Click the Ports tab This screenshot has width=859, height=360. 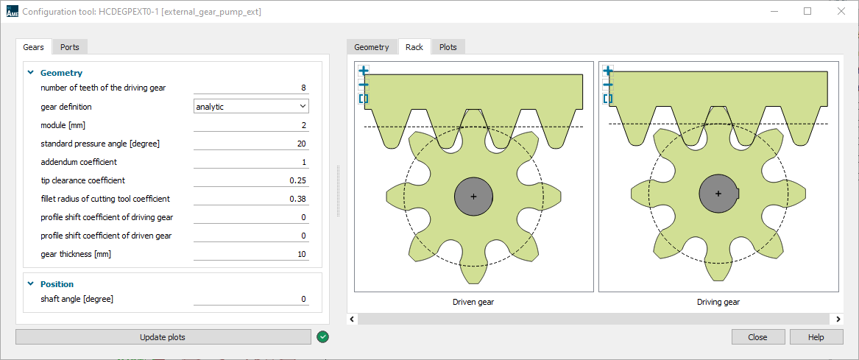click(x=70, y=47)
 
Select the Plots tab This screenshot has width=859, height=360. click(x=448, y=47)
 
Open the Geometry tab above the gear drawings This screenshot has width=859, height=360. click(x=371, y=47)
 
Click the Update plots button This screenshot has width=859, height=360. click(x=163, y=337)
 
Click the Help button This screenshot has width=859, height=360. click(x=816, y=337)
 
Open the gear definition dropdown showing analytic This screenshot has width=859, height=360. click(x=251, y=107)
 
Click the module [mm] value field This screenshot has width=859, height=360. click(x=251, y=125)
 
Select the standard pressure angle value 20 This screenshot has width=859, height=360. click(x=251, y=144)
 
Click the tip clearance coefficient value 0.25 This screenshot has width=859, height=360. click(x=251, y=180)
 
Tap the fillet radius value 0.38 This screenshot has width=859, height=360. click(x=251, y=199)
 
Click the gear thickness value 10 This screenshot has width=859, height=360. click(x=251, y=254)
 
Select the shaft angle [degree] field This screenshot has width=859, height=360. click(x=251, y=299)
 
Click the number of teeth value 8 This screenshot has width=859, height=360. click(x=251, y=88)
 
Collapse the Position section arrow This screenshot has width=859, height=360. click(x=31, y=284)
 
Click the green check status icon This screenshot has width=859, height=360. click(x=322, y=337)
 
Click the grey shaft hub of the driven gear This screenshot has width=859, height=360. click(x=473, y=197)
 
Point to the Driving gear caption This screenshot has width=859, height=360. click(x=718, y=302)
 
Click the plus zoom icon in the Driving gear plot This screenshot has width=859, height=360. click(x=607, y=71)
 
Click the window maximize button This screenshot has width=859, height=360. click(x=807, y=12)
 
